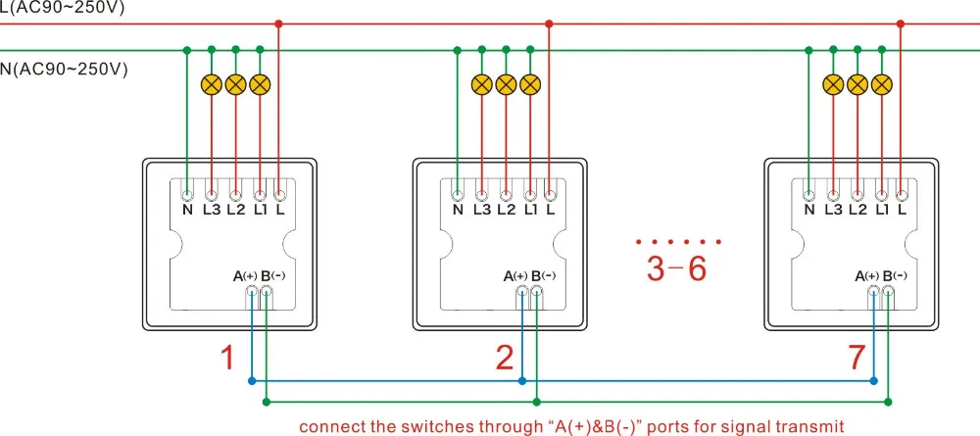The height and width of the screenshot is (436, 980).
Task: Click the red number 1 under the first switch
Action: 227,358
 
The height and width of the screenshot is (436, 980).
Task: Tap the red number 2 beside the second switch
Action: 505,358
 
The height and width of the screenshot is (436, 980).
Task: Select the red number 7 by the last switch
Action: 857,358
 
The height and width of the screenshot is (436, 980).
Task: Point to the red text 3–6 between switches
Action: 676,268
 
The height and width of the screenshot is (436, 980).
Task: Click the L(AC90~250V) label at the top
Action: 63,8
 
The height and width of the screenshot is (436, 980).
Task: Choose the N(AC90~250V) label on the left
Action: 64,69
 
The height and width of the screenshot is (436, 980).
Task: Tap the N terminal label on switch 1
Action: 187,210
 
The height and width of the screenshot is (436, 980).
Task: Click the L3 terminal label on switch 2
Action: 482,210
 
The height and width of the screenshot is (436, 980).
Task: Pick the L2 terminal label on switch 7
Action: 857,210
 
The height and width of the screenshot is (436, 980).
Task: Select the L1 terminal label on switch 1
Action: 260,210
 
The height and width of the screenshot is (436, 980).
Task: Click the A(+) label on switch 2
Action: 515,275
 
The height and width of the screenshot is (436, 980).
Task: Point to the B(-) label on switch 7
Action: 895,275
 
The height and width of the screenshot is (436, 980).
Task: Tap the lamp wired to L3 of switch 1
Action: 212,84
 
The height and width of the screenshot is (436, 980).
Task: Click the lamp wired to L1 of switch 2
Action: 530,84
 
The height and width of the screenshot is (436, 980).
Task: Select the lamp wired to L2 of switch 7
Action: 857,84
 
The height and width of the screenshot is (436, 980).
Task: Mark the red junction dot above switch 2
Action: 549,24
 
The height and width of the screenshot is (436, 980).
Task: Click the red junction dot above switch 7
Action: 900,24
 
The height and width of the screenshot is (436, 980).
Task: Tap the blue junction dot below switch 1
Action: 252,380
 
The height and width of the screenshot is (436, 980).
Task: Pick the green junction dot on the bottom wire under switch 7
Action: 889,401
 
